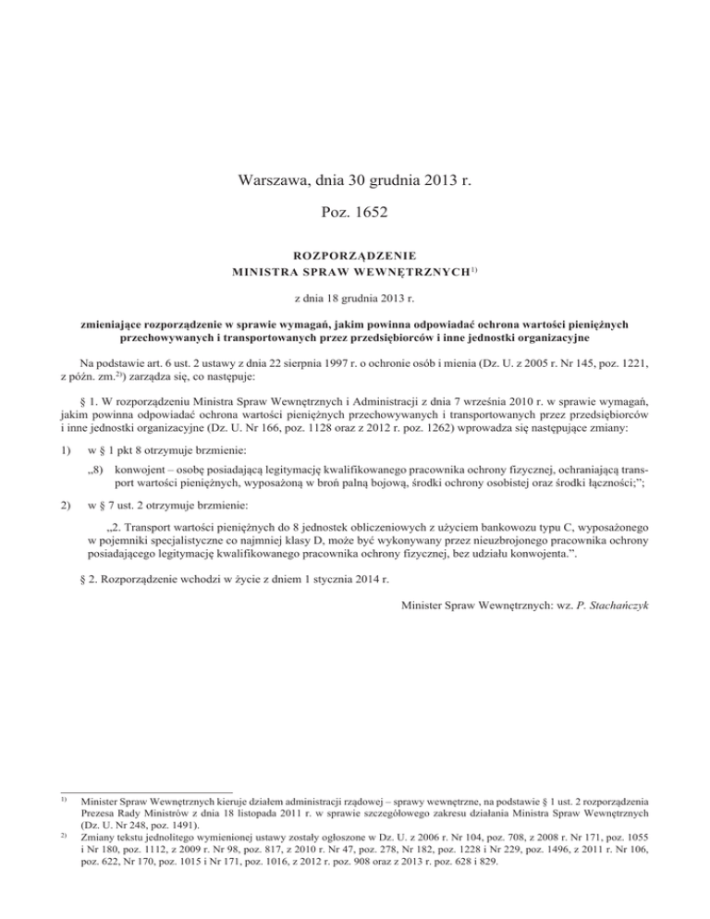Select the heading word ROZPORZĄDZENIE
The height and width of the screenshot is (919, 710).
point(355,253)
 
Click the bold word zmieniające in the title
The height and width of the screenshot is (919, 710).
point(113,326)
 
